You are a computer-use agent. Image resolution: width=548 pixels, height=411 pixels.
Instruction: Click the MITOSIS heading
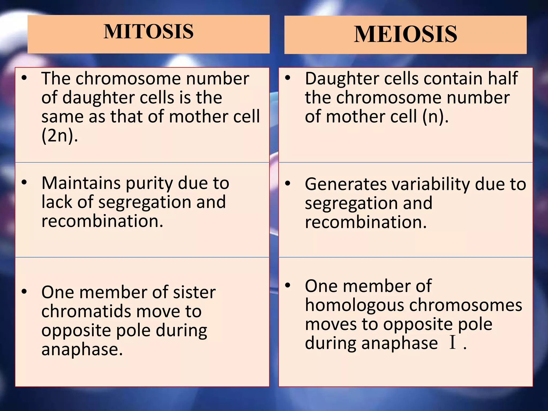pyautogui.click(x=149, y=32)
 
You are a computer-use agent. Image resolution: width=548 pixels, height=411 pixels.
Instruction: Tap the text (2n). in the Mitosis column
pyautogui.click(x=60, y=136)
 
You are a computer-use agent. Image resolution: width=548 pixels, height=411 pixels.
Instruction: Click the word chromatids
pyautogui.click(x=86, y=311)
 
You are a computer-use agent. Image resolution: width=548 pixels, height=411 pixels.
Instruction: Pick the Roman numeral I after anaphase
pyautogui.click(x=452, y=342)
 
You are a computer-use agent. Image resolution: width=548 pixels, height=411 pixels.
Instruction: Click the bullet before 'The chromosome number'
pyautogui.click(x=24, y=78)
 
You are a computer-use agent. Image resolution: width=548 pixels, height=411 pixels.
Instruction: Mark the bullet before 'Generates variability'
pyautogui.click(x=288, y=184)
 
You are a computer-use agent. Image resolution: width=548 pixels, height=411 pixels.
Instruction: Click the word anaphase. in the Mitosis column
pyautogui.click(x=82, y=349)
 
